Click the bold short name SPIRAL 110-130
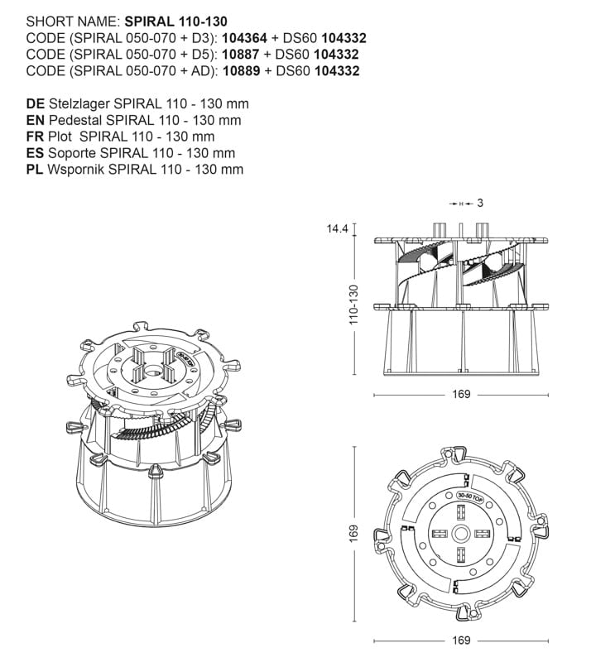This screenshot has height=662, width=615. pyautogui.click(x=175, y=22)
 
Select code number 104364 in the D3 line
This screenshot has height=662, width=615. pyautogui.click(x=244, y=38)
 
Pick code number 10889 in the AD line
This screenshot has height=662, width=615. pyautogui.click(x=242, y=71)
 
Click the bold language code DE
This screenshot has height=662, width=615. pyautogui.click(x=36, y=104)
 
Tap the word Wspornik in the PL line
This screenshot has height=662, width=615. pyautogui.click(x=75, y=170)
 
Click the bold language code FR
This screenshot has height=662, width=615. pyautogui.click(x=35, y=137)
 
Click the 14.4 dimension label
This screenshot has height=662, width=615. pyautogui.click(x=337, y=229)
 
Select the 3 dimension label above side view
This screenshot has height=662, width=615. pyautogui.click(x=480, y=203)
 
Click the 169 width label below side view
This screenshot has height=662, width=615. pyautogui.click(x=461, y=395)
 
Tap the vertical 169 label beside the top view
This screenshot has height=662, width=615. pyautogui.click(x=353, y=534)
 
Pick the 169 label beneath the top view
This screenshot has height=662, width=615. pyautogui.click(x=461, y=640)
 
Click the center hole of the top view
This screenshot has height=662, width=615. pyautogui.click(x=461, y=534)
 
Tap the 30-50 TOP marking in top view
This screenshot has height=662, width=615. pyautogui.click(x=469, y=497)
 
